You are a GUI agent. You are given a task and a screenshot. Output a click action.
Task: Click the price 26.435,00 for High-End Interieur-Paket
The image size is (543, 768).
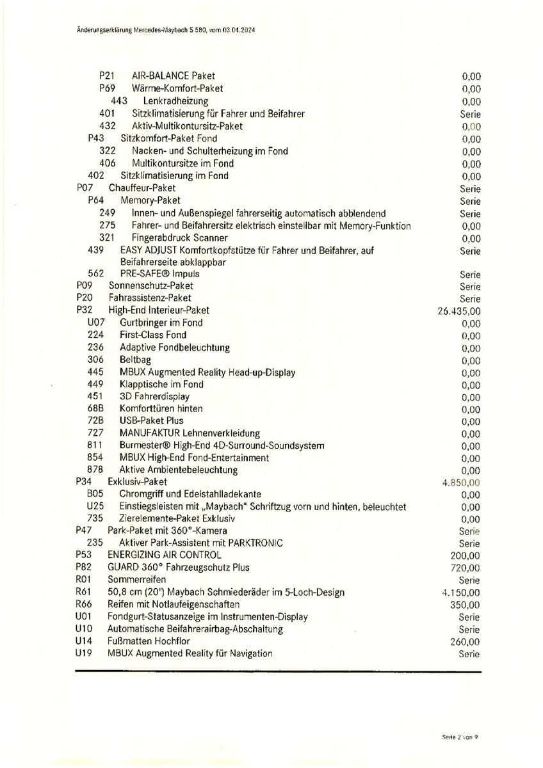[458, 311]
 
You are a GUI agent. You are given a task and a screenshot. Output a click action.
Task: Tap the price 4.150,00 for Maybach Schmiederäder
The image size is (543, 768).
[461, 593]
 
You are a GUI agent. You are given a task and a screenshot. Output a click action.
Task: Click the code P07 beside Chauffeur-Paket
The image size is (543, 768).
[85, 188]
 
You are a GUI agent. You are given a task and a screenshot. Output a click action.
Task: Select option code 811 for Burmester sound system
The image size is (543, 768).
[95, 445]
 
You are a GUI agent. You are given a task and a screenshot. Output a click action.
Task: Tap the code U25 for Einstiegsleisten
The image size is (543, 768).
[95, 506]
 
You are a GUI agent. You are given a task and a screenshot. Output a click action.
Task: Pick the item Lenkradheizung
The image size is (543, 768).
[175, 101]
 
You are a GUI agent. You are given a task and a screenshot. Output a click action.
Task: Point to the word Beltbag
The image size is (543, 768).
[136, 360]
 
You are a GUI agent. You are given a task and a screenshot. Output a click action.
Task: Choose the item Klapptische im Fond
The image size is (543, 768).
[161, 385]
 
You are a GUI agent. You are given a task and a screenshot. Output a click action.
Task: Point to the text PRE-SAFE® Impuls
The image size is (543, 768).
[159, 274]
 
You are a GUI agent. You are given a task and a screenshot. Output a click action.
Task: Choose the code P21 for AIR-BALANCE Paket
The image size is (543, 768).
[107, 76]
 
